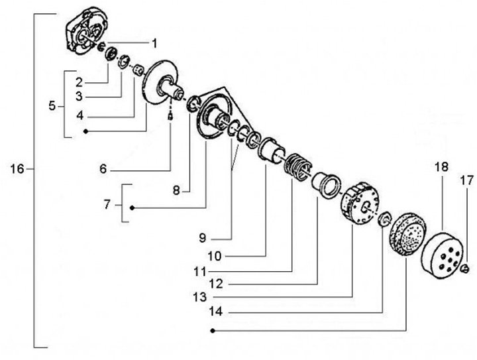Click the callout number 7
click(x=107, y=205)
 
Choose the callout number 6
click(x=103, y=169)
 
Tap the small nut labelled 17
click(x=465, y=268)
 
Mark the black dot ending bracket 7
click(x=132, y=208)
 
